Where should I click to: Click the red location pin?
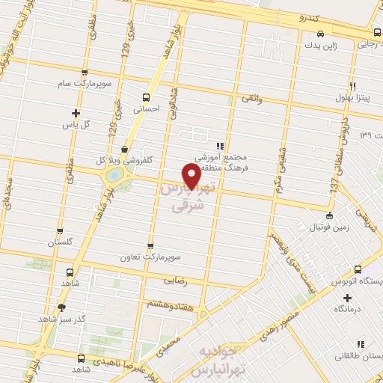tap(191, 175)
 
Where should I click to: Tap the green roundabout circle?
tap(115, 175)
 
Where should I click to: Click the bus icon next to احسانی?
tap(145, 96)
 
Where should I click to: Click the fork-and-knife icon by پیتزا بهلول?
tap(352, 85)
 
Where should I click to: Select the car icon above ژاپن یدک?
tap(320, 34)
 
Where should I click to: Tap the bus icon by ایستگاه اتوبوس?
tap(358, 269)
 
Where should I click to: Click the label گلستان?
tap(63, 242)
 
